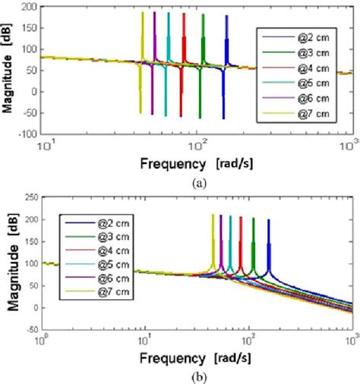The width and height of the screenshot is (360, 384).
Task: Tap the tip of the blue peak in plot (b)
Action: point(269,221)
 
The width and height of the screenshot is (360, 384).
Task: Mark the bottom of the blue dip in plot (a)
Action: point(223,118)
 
